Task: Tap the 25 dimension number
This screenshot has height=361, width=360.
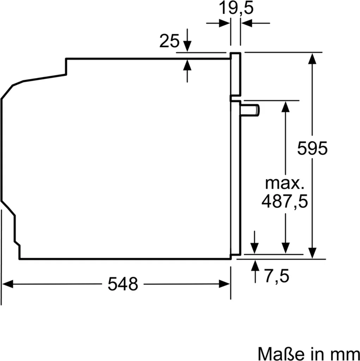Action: (169, 41)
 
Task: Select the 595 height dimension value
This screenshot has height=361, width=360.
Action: (312, 148)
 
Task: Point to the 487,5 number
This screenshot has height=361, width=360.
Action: (285, 201)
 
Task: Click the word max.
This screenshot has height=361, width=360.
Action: (284, 183)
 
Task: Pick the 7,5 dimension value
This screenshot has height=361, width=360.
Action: (277, 276)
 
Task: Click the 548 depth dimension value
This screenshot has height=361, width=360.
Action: (123, 284)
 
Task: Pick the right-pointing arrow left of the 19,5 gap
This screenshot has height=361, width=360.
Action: (224, 24)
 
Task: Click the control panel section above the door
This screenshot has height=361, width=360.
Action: (235, 75)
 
